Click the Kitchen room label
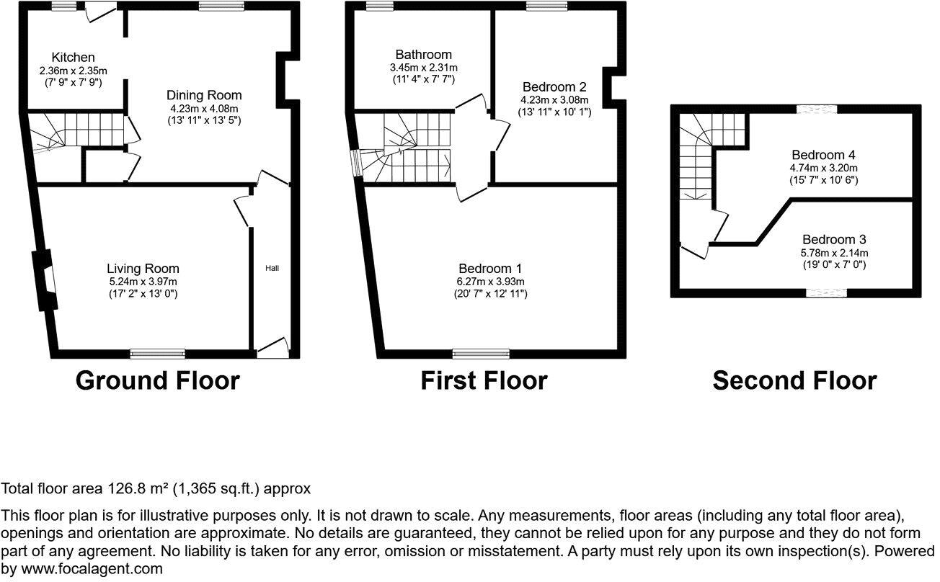pyautogui.click(x=73, y=58)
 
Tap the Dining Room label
pyautogui.click(x=204, y=95)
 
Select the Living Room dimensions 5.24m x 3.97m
pyautogui.click(x=143, y=282)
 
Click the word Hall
pyautogui.click(x=272, y=268)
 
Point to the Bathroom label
pyautogui.click(x=423, y=55)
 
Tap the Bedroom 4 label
pyautogui.click(x=823, y=155)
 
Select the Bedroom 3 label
pyautogui.click(x=834, y=240)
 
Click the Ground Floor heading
pyautogui.click(x=157, y=380)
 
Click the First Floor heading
pyautogui.click(x=484, y=380)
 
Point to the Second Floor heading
pyautogui.click(x=794, y=380)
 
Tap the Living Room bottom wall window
pyautogui.click(x=158, y=354)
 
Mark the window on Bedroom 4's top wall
pyautogui.click(x=817, y=109)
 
